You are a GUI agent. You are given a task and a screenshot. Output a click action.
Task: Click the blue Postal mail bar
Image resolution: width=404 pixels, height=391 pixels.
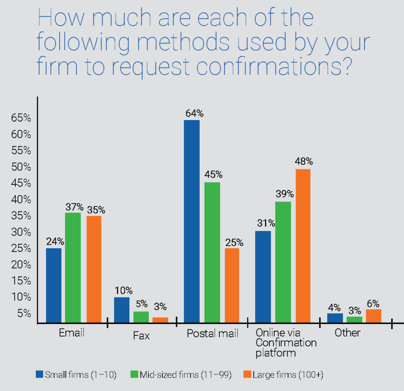click(192, 221)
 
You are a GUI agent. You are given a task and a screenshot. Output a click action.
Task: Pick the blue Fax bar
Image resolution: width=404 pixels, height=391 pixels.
click(122, 310)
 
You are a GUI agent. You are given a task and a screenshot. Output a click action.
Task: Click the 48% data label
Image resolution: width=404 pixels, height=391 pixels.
click(304, 162)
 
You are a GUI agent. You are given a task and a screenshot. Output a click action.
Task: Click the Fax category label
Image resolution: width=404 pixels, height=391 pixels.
click(141, 336)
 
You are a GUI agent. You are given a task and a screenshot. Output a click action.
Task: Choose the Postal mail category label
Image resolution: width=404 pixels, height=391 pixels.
click(213, 334)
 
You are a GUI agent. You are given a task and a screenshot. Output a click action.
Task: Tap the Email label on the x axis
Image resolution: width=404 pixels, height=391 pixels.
click(71, 333)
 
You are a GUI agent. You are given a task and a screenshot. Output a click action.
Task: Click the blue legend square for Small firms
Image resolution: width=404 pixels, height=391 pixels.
click(39, 374)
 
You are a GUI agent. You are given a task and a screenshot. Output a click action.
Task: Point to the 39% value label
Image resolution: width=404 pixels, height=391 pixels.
click(284, 194)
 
